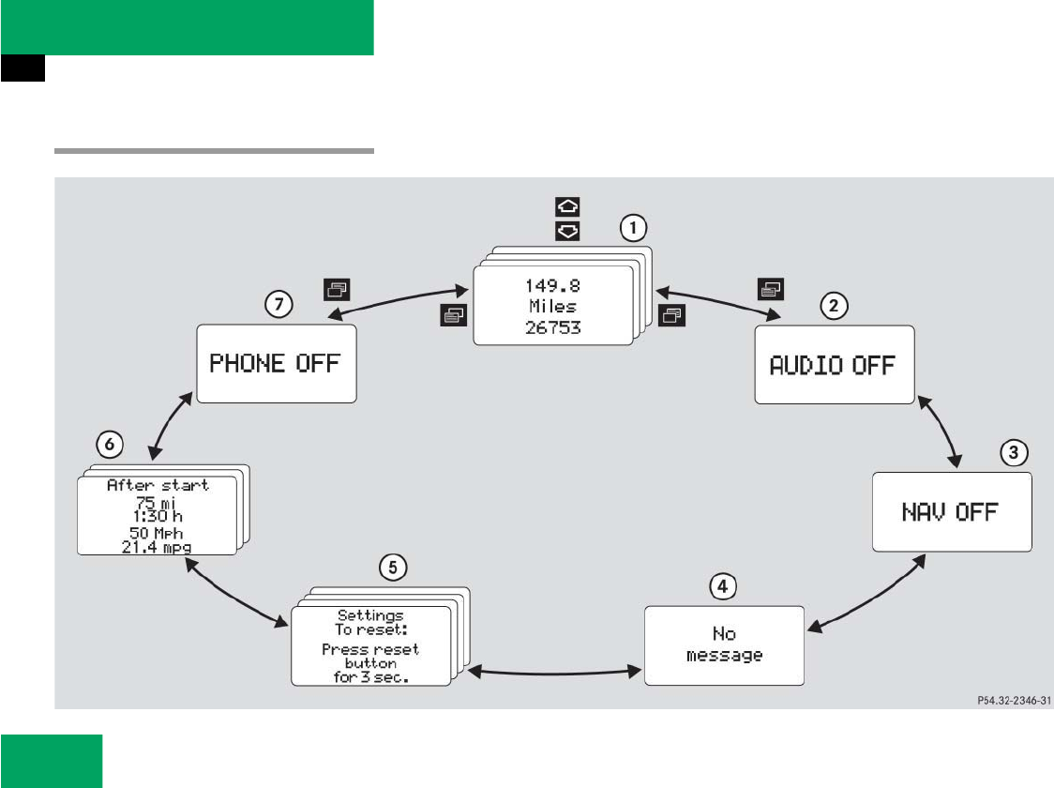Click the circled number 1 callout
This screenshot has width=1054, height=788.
[634, 227]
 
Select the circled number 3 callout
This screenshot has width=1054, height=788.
[1012, 453]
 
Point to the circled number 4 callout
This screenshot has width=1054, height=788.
[721, 586]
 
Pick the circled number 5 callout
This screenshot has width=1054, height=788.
[393, 566]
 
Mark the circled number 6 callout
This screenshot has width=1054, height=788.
[111, 445]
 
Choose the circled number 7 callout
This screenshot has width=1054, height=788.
[279, 304]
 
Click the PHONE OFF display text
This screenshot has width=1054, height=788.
[275, 364]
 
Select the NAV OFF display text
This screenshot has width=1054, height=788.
[950, 512]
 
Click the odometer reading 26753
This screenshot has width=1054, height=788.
[553, 327]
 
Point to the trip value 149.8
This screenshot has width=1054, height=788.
[553, 285]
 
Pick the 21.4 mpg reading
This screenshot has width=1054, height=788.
[158, 546]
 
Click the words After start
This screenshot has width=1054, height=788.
[158, 485]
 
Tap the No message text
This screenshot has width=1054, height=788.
[724, 644]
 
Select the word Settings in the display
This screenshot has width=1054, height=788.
[370, 615]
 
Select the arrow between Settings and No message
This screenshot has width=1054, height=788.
[548, 671]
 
